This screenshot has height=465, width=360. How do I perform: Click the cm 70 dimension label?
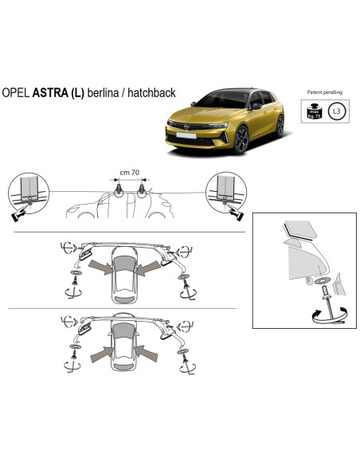130,171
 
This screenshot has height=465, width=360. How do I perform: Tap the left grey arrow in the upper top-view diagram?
100,265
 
